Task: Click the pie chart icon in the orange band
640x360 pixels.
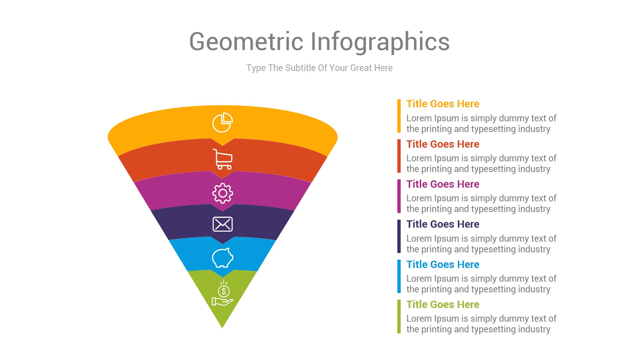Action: [222, 123]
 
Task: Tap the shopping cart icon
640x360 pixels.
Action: [223, 159]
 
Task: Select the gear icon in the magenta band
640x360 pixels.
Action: [223, 193]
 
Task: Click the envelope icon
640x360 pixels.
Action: [223, 224]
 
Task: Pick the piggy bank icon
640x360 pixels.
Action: [223, 258]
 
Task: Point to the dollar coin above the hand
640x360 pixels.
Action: [224, 291]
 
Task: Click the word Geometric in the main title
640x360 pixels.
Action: [246, 42]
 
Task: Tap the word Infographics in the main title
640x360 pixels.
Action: [380, 42]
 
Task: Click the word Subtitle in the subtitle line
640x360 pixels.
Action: [300, 68]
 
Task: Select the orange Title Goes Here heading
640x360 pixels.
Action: [443, 104]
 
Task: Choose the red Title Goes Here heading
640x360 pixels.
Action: [443, 144]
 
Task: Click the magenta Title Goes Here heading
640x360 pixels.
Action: [443, 184]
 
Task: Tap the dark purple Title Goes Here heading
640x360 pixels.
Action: [443, 224]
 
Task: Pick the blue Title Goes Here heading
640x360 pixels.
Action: [443, 265]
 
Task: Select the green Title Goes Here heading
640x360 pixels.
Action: [443, 305]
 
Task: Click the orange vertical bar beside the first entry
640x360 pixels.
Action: [399, 116]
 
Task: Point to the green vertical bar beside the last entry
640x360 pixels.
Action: [399, 317]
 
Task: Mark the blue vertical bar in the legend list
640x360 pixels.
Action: [399, 276]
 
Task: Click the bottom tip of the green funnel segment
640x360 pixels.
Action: [222, 326]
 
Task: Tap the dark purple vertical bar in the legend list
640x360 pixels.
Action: [399, 236]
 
